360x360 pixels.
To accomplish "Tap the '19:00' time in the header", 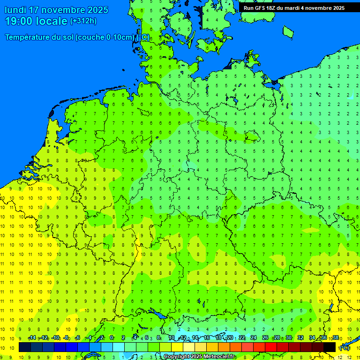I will [x=20, y=21].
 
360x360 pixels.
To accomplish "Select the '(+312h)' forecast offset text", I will [x=83, y=21].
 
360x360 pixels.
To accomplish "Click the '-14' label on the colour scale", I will [x=32, y=338].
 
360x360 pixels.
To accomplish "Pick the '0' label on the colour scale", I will [x=112, y=338].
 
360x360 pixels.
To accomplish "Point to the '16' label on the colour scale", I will [x=207, y=338].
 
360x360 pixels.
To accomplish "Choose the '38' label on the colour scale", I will [x=335, y=338].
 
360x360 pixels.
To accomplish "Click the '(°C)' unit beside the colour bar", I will [x=345, y=347].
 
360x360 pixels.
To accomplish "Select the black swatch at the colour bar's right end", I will [x=330, y=347].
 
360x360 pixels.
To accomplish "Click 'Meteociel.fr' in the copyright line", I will [x=218, y=357].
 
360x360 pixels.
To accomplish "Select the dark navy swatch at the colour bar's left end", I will [x=25, y=347].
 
